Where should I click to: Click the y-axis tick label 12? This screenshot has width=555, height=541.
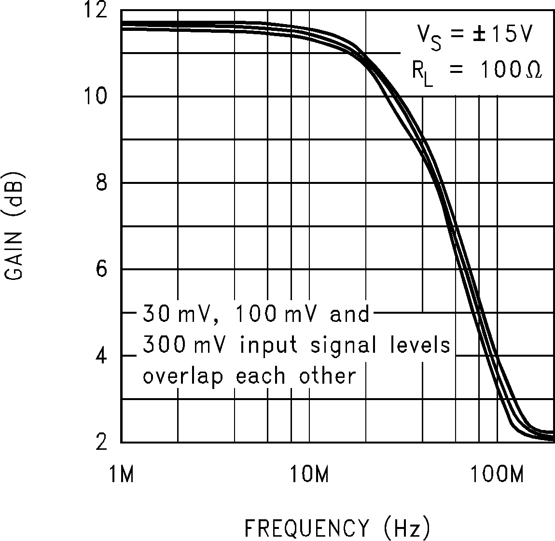(x=96, y=10)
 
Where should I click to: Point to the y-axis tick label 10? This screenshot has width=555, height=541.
(x=96, y=97)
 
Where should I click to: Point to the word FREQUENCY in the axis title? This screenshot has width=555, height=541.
(x=306, y=528)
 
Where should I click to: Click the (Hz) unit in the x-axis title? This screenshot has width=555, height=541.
(x=406, y=528)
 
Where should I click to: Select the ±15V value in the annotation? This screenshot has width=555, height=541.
(x=502, y=35)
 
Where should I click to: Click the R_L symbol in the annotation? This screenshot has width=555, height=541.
(x=422, y=74)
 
